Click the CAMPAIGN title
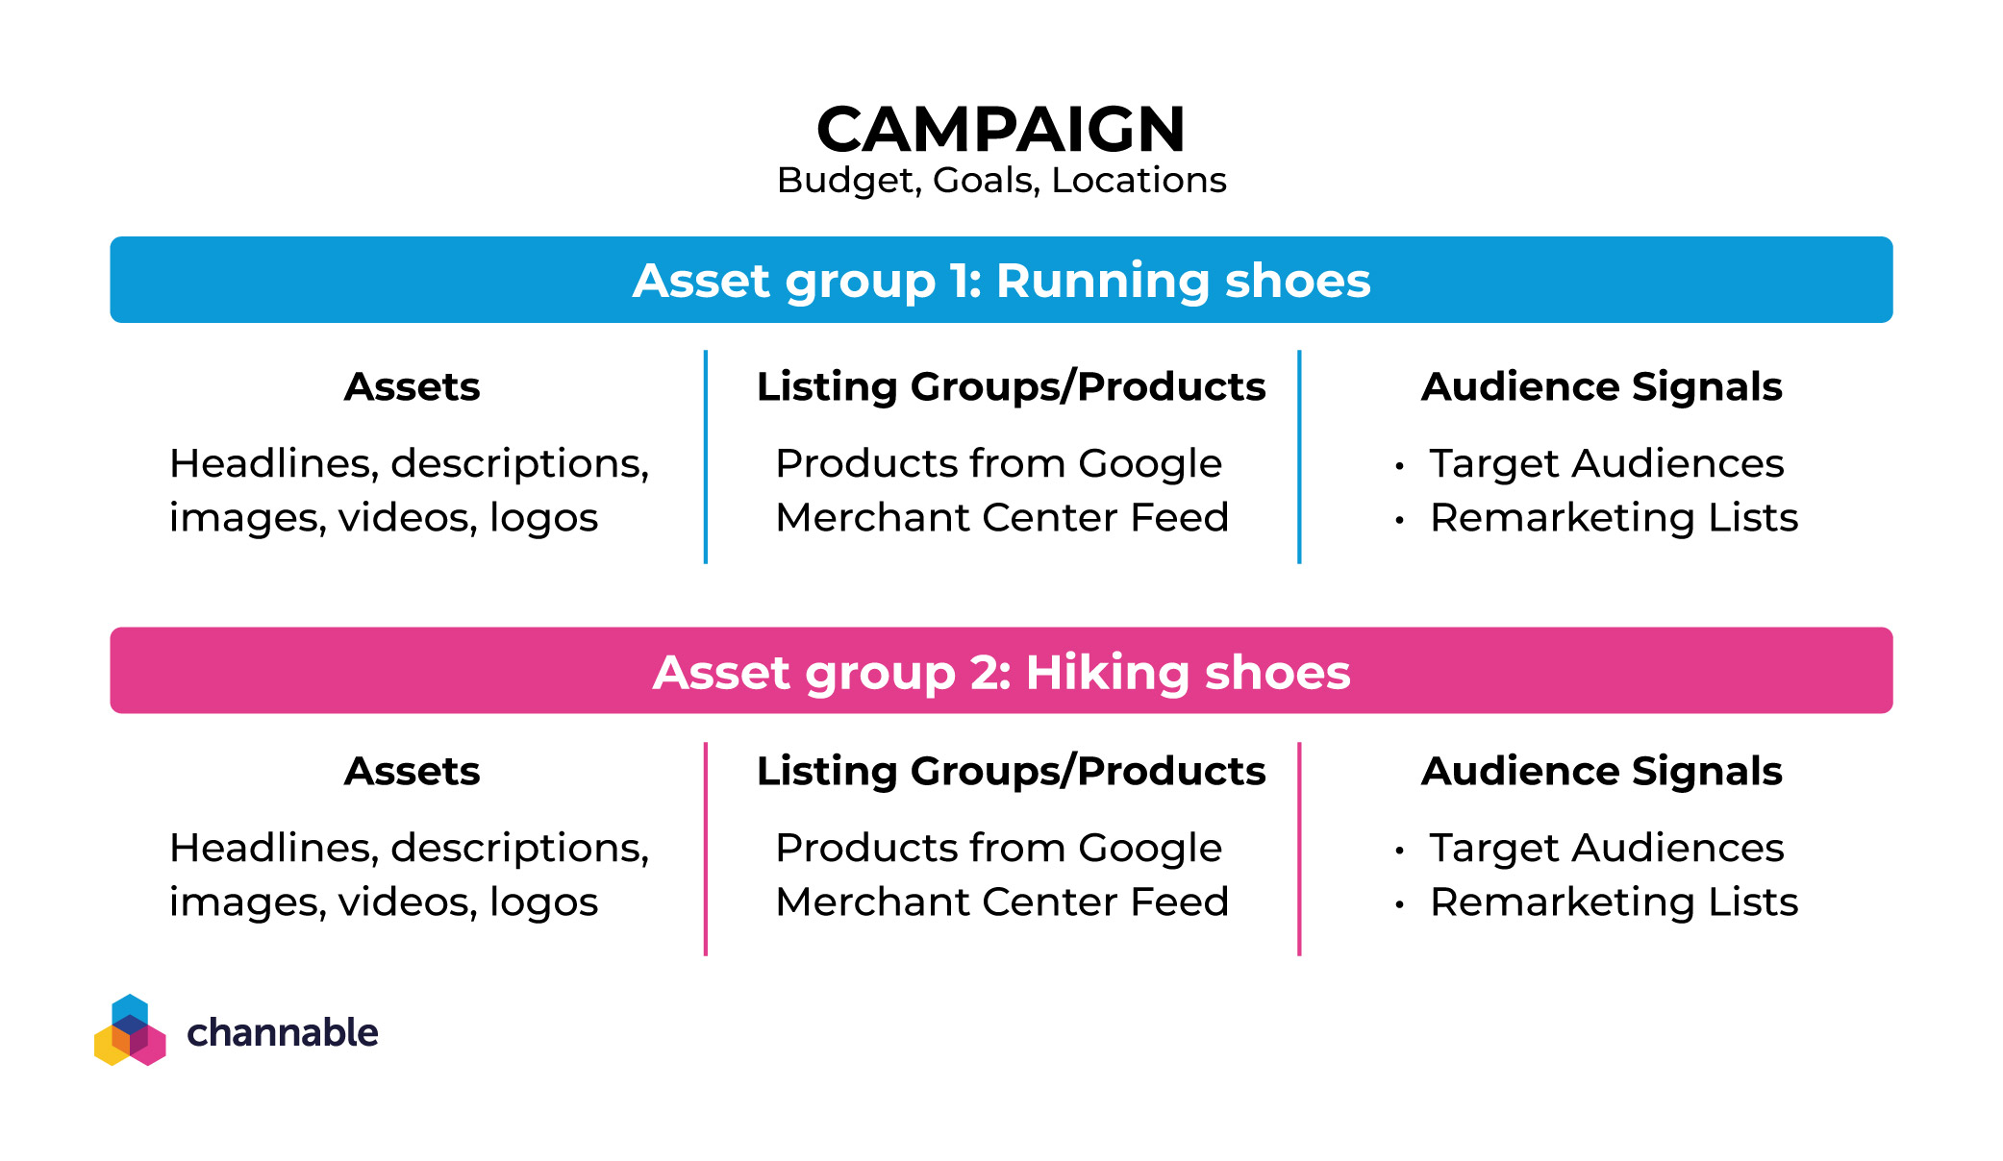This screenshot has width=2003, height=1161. tap(1001, 129)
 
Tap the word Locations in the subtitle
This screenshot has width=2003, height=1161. tap(1139, 180)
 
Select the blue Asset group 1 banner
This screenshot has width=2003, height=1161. tap(1001, 280)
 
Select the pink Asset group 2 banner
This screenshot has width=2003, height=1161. tap(1001, 671)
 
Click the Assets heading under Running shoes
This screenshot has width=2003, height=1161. tap(412, 386)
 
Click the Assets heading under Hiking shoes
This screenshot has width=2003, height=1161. tap(412, 771)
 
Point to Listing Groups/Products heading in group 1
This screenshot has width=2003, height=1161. tap(1011, 387)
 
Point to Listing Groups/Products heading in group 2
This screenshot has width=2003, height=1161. tap(1011, 772)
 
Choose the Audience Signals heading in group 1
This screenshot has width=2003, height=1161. tap(1601, 387)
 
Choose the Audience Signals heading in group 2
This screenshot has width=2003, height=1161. tap(1601, 772)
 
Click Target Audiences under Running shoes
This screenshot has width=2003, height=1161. tap(1606, 464)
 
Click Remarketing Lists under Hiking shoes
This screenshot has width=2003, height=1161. tap(1614, 902)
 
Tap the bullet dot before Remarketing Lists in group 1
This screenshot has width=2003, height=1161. tap(1400, 521)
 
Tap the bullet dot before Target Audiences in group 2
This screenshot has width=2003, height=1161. tap(1400, 851)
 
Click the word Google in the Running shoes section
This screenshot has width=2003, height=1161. tap(1150, 464)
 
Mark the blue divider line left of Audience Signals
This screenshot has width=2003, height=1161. tap(1299, 457)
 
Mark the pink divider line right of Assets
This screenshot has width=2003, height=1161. tap(706, 849)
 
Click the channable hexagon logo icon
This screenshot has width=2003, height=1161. tap(130, 1030)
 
